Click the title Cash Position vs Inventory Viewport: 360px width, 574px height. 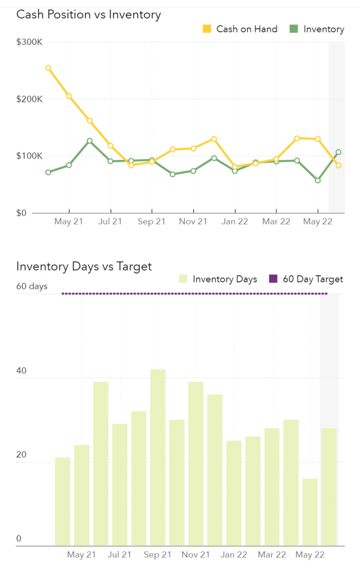point(89,15)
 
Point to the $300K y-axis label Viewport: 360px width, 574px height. point(30,42)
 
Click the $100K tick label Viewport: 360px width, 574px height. point(30,156)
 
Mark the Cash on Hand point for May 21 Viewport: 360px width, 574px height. point(69,96)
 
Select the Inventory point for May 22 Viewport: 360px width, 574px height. point(318,180)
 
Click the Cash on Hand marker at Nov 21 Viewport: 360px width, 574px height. point(193,149)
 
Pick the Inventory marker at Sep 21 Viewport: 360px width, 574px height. point(152,160)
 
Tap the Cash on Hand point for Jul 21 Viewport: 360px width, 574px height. point(110,146)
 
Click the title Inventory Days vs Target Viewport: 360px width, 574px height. point(84,266)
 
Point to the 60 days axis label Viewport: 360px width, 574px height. point(32,286)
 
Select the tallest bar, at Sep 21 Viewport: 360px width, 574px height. point(158,457)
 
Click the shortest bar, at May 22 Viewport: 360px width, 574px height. point(310,512)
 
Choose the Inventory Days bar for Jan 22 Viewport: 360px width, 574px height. point(234,493)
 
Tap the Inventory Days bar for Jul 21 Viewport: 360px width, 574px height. point(119,484)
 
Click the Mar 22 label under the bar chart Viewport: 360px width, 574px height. point(272,555)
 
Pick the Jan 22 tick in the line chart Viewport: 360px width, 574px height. point(235,221)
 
